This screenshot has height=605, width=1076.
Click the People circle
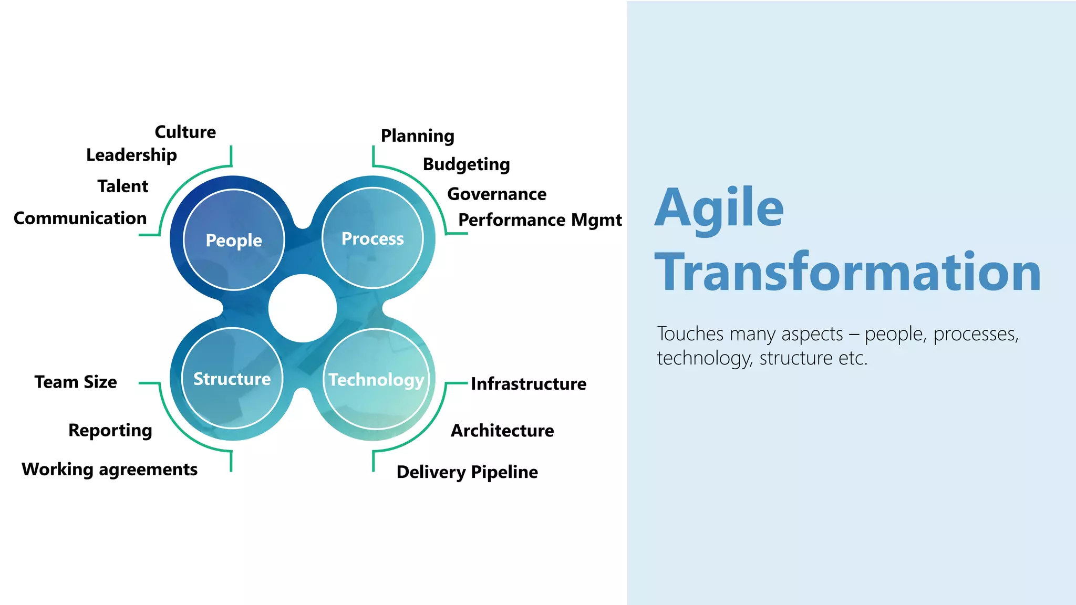click(x=234, y=239)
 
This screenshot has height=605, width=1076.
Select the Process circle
click(x=373, y=238)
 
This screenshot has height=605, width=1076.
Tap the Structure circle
click(x=232, y=378)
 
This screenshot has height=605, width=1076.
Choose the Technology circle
click(x=376, y=379)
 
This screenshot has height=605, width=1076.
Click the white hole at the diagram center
click(x=303, y=308)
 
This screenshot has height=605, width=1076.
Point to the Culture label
click(x=185, y=132)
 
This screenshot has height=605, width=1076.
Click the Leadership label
click(x=131, y=155)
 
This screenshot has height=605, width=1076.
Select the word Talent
click(x=123, y=186)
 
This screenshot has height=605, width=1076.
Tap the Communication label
click(x=80, y=218)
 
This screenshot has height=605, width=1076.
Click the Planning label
click(x=417, y=135)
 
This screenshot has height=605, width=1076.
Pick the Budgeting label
click(x=466, y=164)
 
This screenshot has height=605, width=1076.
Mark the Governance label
click(x=496, y=194)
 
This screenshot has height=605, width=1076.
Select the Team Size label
click(x=76, y=382)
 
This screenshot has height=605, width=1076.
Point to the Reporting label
click(x=110, y=430)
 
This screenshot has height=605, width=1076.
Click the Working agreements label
click(x=109, y=469)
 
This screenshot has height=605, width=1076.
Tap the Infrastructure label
click(x=528, y=384)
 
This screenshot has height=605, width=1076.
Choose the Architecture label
click(x=502, y=431)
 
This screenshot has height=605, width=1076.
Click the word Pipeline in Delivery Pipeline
click(x=504, y=472)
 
